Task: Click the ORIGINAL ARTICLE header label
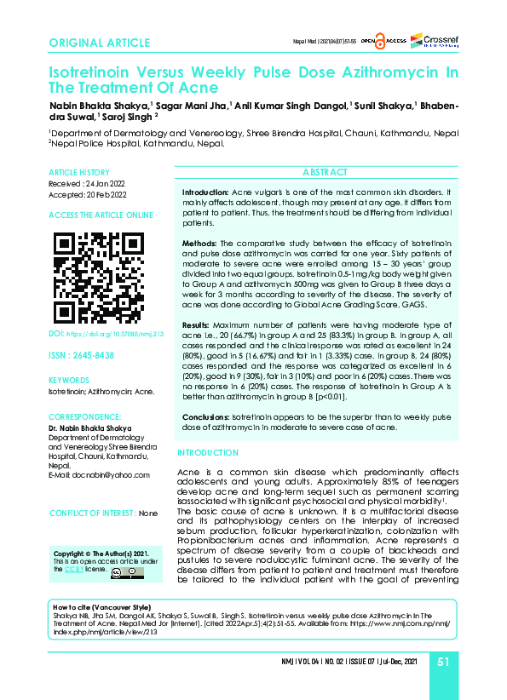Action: pos(100,43)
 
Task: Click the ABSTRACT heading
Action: pos(324,172)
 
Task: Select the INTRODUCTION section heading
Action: pos(208,452)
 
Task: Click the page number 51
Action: pos(443,662)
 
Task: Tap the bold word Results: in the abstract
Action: pos(199,324)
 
